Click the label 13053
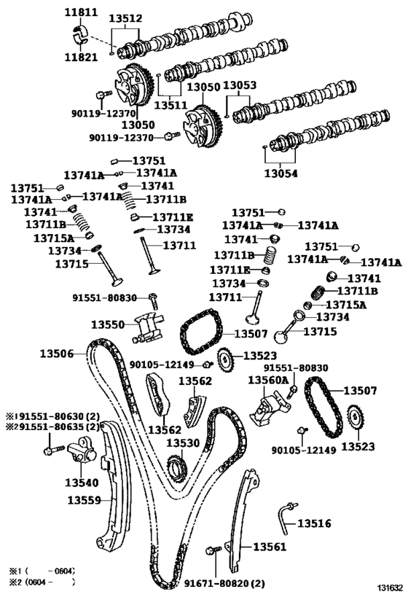point(239,85)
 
